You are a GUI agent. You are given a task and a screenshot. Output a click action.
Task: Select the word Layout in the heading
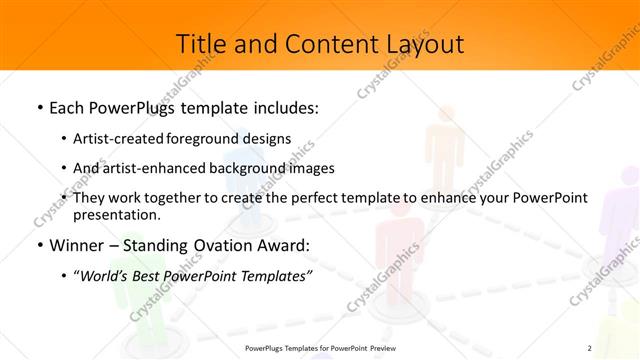pos(424,45)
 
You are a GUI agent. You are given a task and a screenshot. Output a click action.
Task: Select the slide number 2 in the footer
pos(589,347)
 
